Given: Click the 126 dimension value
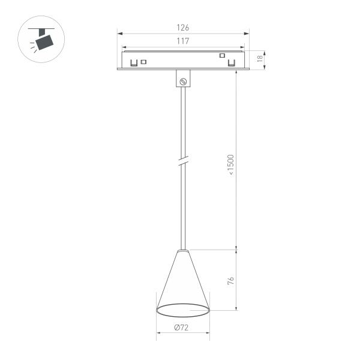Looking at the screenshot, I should point(183,28).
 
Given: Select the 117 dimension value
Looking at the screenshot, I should point(183,41).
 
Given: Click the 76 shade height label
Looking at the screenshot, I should point(231,280).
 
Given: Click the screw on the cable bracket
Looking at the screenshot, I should point(184,80).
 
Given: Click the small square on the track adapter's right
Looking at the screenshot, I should point(222,56).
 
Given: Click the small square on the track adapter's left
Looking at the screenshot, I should point(144,61).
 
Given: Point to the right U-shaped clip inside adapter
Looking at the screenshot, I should point(231,62).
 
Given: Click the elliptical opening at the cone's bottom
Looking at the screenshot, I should point(183,310).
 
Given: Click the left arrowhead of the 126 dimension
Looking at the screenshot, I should point(119,34).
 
